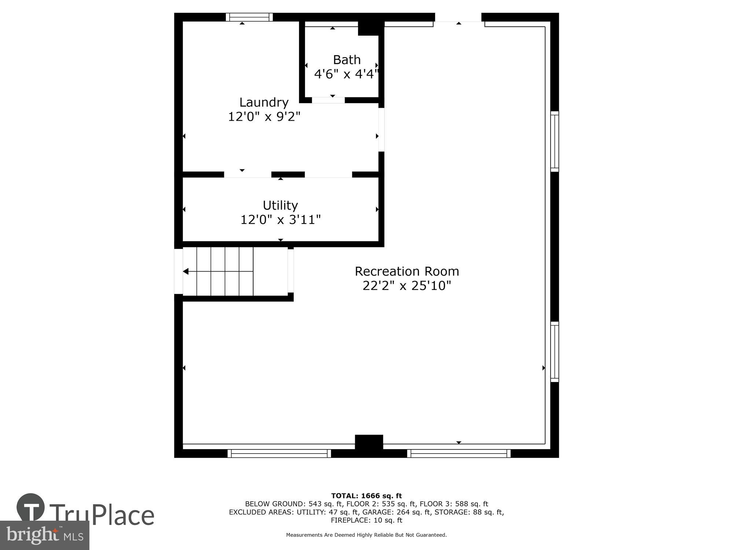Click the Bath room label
coord(346,59)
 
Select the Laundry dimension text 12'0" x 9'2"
coord(264,117)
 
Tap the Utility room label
coord(280,205)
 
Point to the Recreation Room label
coord(406,271)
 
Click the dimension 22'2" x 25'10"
coord(406,286)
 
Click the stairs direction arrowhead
coord(186,271)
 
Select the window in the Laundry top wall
coord(249,17)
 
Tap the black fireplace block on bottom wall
coord(369,442)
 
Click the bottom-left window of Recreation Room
coord(279,454)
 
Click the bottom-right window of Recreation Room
coord(458,454)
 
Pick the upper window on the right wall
coord(555,141)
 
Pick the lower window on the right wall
coord(555,352)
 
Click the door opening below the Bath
coord(328,100)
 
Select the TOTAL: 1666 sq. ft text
coord(366,496)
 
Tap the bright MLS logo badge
coord(44,535)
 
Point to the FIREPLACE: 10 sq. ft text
coord(366,520)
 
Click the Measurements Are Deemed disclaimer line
coord(366,535)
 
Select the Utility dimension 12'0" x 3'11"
coord(280,220)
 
